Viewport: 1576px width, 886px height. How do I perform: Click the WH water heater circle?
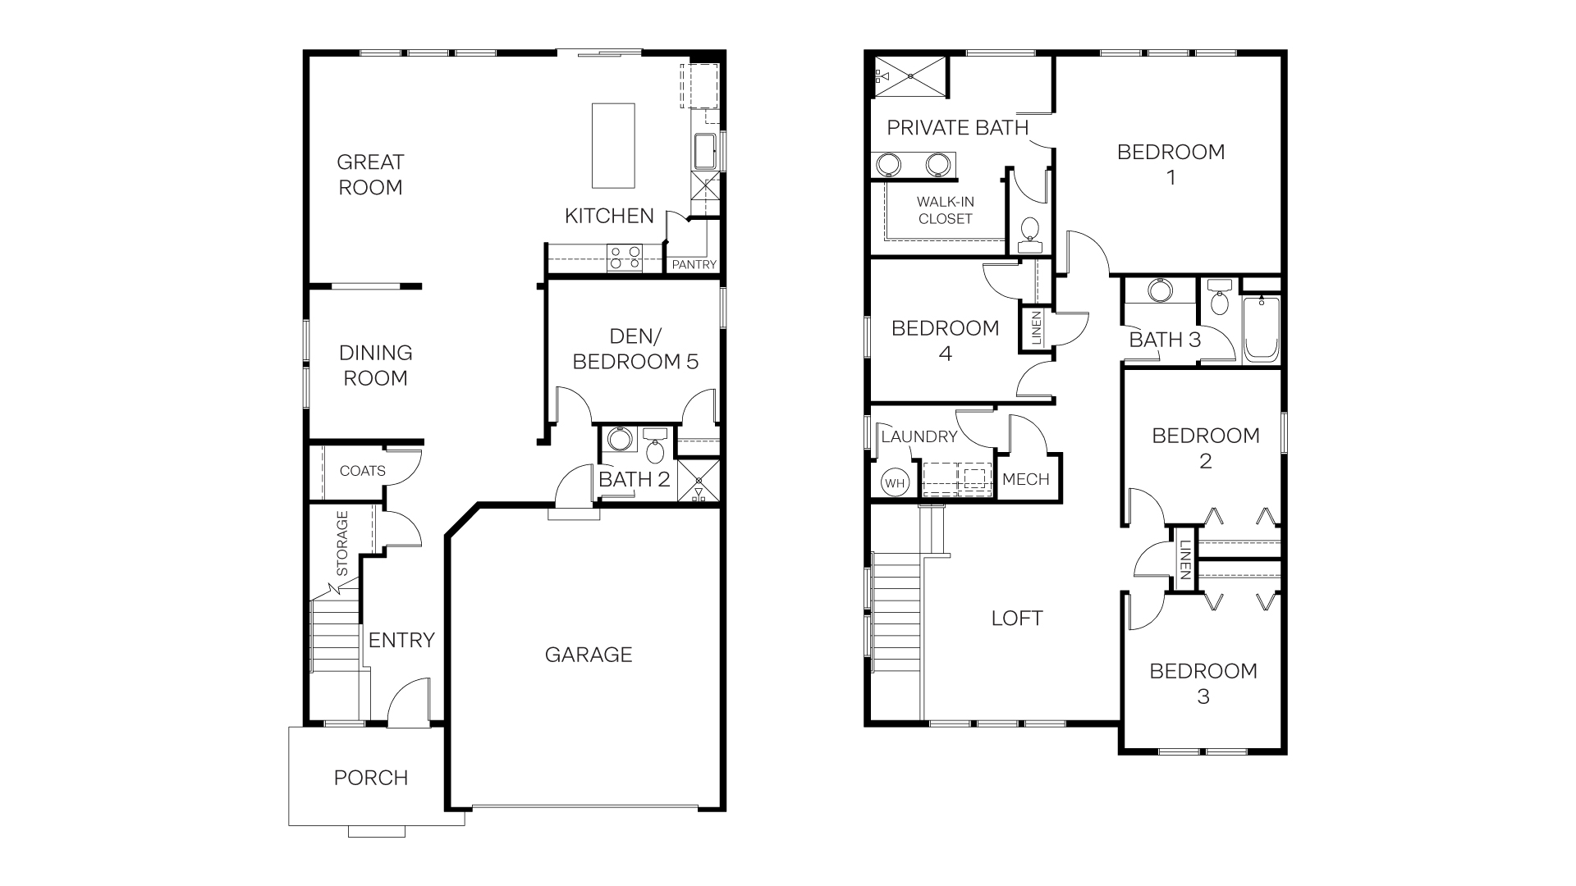tap(895, 483)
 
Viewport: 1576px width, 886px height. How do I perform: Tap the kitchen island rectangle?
tap(614, 145)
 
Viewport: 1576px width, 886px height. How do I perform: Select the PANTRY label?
tap(694, 265)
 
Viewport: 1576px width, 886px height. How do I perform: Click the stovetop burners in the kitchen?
tap(624, 258)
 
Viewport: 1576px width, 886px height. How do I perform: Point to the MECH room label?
tap(1026, 480)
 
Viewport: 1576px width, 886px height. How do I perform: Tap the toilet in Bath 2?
tap(655, 448)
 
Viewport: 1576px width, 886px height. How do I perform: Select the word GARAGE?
tap(589, 655)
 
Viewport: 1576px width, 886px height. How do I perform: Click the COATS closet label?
tap(362, 471)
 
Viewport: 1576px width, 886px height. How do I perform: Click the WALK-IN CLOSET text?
tap(946, 210)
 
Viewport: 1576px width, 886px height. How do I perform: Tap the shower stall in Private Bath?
tap(909, 75)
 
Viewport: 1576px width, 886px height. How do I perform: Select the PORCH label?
tap(371, 778)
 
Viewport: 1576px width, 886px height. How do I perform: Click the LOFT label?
tap(1017, 619)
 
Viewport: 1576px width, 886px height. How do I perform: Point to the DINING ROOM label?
tap(375, 365)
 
